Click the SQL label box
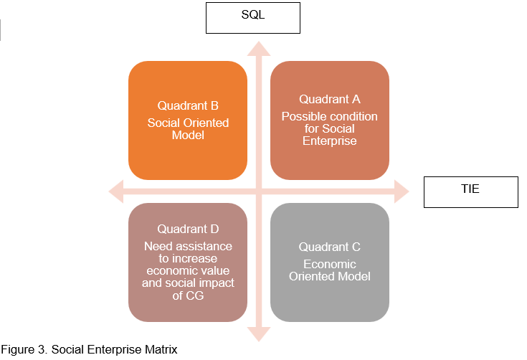click(252, 17)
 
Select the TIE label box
click(470, 191)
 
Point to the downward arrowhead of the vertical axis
click(259, 333)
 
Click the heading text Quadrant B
click(188, 106)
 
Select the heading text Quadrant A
click(330, 99)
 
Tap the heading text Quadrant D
click(188, 229)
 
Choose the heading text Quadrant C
click(330, 247)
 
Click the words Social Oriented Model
click(188, 128)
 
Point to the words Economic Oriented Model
click(330, 270)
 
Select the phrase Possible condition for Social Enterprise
click(330, 128)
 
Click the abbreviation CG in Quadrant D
click(188, 295)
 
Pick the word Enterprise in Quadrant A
click(330, 141)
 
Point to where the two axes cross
click(259, 191)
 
